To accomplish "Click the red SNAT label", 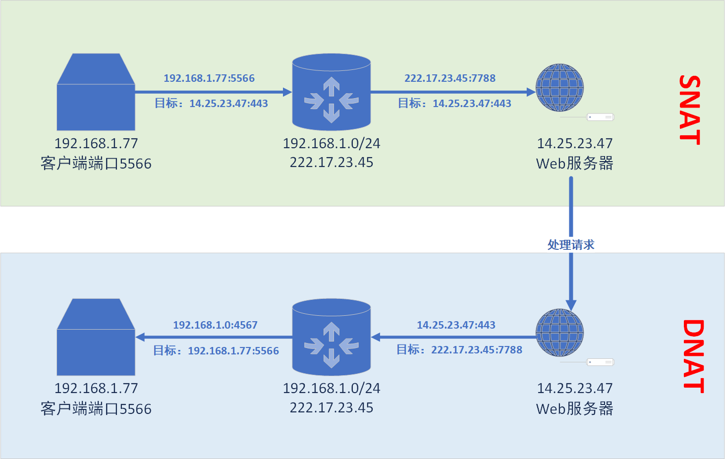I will click(x=690, y=110).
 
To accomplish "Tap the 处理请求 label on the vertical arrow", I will click(x=571, y=245).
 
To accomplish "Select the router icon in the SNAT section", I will click(x=332, y=92).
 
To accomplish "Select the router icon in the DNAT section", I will click(x=332, y=337).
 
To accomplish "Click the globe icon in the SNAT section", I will click(x=560, y=88).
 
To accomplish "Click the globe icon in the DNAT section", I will click(x=560, y=333).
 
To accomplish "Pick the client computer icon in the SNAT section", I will click(x=96, y=93).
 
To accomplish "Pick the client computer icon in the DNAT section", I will click(x=96, y=338).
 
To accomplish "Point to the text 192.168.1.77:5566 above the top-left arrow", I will click(x=209, y=78).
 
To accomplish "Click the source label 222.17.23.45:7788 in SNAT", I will click(x=450, y=78).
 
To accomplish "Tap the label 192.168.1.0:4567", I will click(x=215, y=325).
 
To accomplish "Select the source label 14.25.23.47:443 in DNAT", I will click(x=456, y=325).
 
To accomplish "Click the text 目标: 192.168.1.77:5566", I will click(x=216, y=351).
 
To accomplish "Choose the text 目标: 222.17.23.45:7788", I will click(x=459, y=350).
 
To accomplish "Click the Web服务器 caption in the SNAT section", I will click(x=575, y=164).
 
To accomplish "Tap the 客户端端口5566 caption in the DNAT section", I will click(x=96, y=409).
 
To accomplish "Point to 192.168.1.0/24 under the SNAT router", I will click(x=332, y=144).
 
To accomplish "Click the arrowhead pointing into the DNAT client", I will click(x=140, y=337).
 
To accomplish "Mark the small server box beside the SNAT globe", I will click(x=600, y=117).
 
